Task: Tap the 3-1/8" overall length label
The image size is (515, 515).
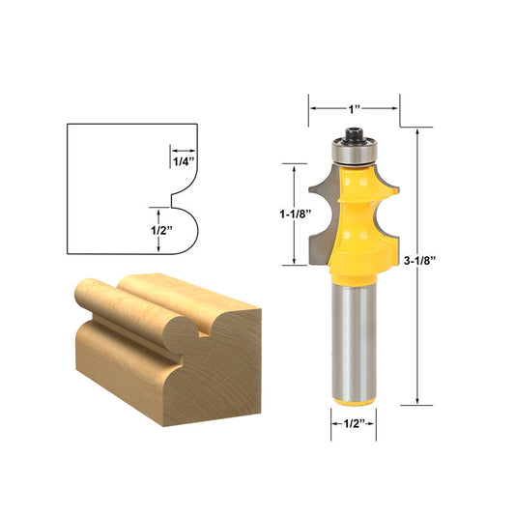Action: (x=421, y=260)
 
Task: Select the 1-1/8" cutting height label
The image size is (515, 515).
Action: (x=291, y=215)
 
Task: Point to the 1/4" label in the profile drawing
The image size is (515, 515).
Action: (x=183, y=161)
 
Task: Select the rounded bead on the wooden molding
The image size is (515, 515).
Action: (x=178, y=332)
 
